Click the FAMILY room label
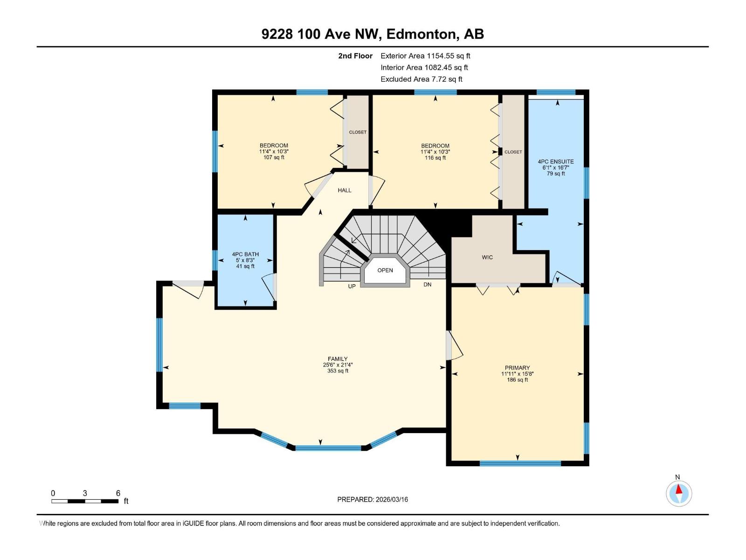click(338, 359)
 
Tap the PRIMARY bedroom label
click(517, 368)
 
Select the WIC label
click(487, 257)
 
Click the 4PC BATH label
click(245, 254)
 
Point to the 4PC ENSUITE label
click(556, 161)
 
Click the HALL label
click(345, 190)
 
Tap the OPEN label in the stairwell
click(385, 270)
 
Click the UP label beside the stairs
click(352, 286)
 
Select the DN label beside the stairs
click(427, 284)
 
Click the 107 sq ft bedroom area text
click(274, 157)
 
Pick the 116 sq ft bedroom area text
click(435, 158)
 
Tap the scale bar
click(85, 501)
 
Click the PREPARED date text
click(373, 499)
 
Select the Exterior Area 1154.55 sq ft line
click(425, 56)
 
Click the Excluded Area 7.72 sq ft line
click(421, 79)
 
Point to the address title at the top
click(373, 34)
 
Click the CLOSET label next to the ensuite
click(513, 152)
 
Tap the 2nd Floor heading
click(355, 56)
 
